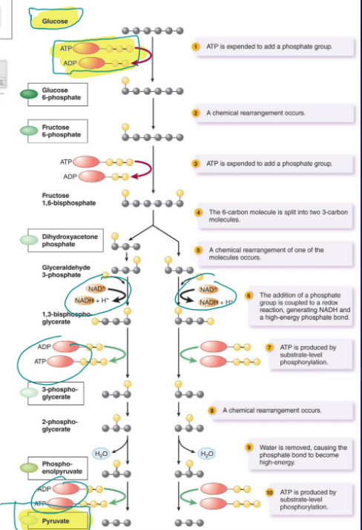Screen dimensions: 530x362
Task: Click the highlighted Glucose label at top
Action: click(54, 21)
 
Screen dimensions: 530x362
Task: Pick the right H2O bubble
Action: click(207, 453)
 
